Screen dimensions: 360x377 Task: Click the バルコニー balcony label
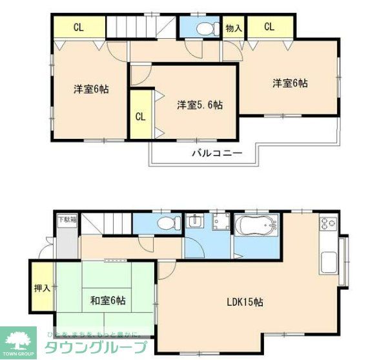coord(217,153)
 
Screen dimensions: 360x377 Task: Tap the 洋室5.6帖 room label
coord(201,105)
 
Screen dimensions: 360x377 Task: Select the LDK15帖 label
coord(243,302)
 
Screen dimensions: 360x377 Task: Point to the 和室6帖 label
coord(107,301)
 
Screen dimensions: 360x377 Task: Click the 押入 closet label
coord(43,288)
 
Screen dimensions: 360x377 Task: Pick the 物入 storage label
coord(234,28)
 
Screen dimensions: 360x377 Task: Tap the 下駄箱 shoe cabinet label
coord(66,220)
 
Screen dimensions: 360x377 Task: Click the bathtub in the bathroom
coord(256,227)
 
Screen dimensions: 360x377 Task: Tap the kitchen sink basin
coord(328,262)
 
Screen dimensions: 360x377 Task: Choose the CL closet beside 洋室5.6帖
coord(140,116)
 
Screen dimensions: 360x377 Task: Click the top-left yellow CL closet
coord(78,27)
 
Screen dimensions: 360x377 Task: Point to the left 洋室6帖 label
coord(90,89)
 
